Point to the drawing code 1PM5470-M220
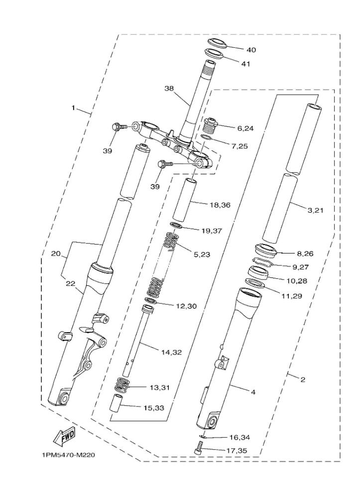pyautogui.click(x=69, y=455)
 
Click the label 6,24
pyautogui.click(x=245, y=128)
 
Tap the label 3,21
pyautogui.click(x=315, y=210)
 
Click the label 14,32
pyautogui.click(x=171, y=352)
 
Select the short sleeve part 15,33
pyautogui.click(x=116, y=402)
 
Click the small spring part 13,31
pyautogui.click(x=121, y=385)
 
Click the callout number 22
pyautogui.click(x=70, y=283)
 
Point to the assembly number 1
pyautogui.click(x=74, y=108)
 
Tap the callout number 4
pyautogui.click(x=253, y=392)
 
